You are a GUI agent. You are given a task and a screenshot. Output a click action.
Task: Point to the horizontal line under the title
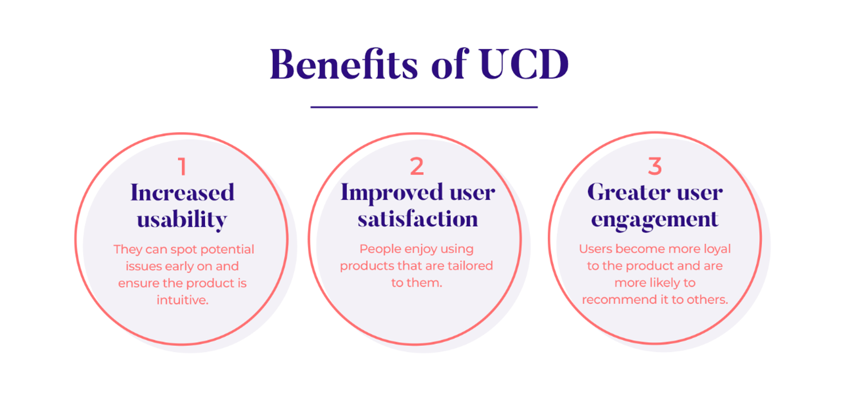(424, 107)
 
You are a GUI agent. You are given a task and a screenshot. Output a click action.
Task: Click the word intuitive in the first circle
(182, 300)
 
